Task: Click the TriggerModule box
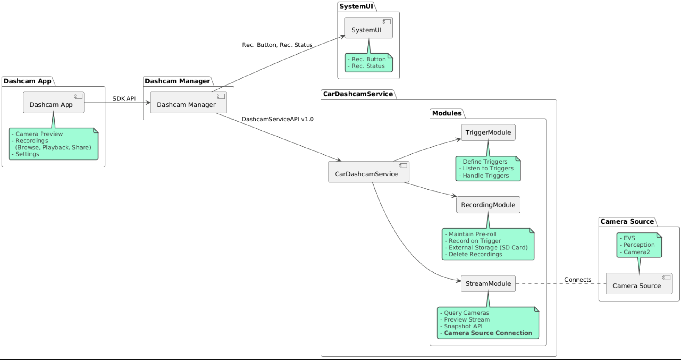[x=488, y=132]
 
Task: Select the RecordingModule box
[x=488, y=205]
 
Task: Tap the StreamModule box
[x=488, y=283]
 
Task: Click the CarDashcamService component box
[x=368, y=172]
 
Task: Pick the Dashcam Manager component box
[x=188, y=103]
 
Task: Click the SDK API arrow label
[x=124, y=98]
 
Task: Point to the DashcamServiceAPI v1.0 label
[x=277, y=119]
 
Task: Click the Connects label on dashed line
[x=578, y=280]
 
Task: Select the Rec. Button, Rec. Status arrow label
[x=277, y=45]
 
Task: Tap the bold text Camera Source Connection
[x=488, y=333]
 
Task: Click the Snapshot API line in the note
[x=463, y=326]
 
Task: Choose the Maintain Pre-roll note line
[x=472, y=234]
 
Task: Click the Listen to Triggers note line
[x=488, y=168]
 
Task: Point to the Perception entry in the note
[x=639, y=245]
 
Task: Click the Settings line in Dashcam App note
[x=27, y=154]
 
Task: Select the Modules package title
[x=447, y=113]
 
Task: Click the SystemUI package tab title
[x=356, y=6]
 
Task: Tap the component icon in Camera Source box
[x=666, y=277]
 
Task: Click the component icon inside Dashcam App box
[x=78, y=96]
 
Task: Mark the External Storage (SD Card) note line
[x=488, y=247]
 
